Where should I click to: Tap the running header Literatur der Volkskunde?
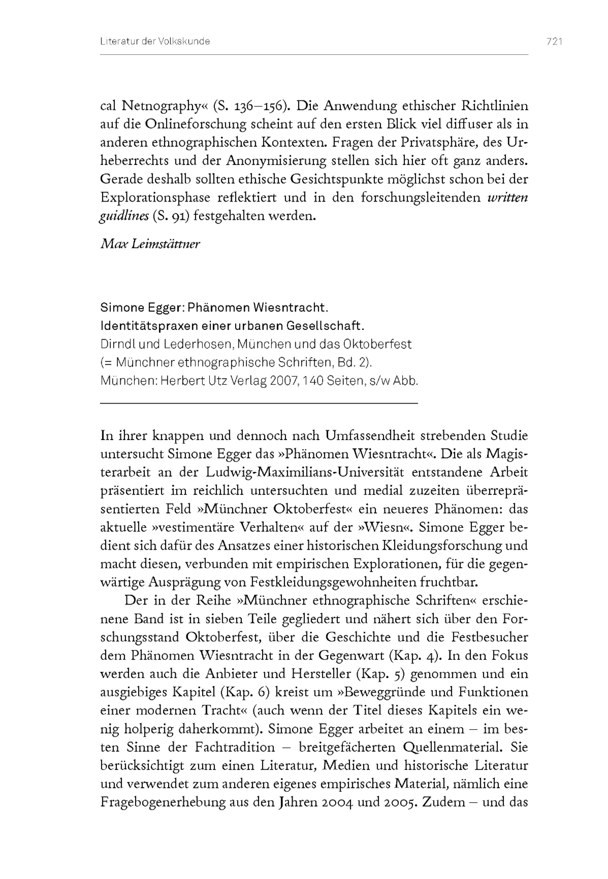coord(155,42)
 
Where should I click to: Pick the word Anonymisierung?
coord(276,161)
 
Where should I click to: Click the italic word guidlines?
coord(124,216)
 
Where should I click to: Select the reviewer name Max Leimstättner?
coord(150,244)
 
